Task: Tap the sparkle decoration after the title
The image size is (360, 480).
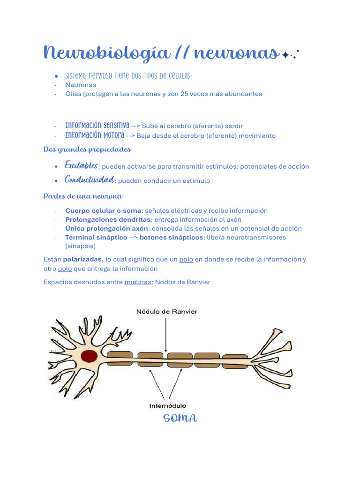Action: [x=289, y=55]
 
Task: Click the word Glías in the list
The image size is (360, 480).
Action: [x=73, y=94]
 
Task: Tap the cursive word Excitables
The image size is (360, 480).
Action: [x=82, y=166]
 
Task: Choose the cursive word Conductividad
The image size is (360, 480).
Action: [x=90, y=180]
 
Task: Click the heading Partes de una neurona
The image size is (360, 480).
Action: [x=82, y=196]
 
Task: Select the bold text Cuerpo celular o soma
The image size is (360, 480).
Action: [x=103, y=210]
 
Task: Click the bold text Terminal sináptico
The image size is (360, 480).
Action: [x=96, y=237]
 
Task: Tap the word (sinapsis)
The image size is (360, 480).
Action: [x=81, y=246]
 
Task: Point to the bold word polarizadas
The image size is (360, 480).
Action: [x=83, y=259]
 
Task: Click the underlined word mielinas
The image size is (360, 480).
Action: [x=138, y=282]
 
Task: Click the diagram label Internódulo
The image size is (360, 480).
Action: [x=167, y=405]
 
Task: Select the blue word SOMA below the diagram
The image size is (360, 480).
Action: [x=180, y=418]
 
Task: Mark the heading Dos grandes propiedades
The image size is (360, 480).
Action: [x=87, y=150]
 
